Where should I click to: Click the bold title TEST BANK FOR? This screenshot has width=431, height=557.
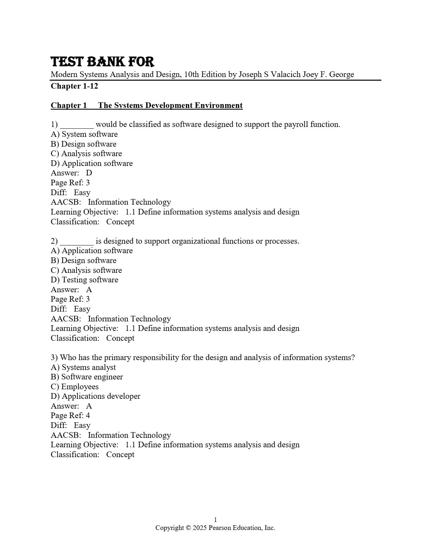point(102,62)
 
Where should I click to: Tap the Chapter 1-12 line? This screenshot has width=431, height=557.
point(74,86)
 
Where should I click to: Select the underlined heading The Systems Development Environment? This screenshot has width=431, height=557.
point(170,105)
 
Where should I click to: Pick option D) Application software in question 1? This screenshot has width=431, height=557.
point(92,164)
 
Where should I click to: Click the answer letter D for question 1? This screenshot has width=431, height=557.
point(89,173)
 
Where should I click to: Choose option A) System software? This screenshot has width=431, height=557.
point(84,134)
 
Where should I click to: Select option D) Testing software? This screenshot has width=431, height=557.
point(85,280)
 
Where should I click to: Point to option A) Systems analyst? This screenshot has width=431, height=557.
point(83,367)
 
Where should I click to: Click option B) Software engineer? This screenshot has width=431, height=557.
point(87,377)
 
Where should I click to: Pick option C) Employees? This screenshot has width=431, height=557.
point(75,387)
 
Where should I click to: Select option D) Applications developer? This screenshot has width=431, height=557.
point(95,396)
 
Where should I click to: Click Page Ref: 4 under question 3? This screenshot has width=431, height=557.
point(70,416)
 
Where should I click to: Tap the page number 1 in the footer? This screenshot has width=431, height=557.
point(216,520)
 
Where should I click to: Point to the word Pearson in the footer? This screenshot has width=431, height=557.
point(220,528)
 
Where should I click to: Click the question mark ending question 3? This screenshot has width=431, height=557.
point(353,358)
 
